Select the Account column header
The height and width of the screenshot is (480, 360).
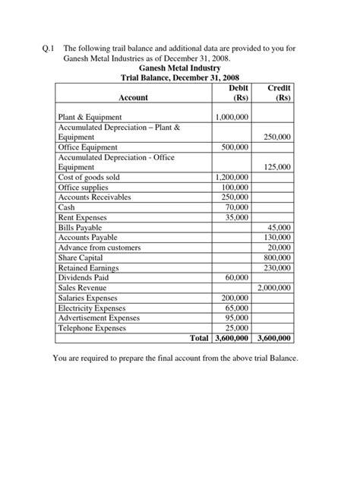133,97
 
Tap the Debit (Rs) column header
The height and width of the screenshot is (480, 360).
238,93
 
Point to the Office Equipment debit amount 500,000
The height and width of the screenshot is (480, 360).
237,147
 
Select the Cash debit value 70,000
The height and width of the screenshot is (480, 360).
239,207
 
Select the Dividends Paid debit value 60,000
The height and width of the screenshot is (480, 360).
239,278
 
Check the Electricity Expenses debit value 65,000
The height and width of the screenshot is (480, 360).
239,308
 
